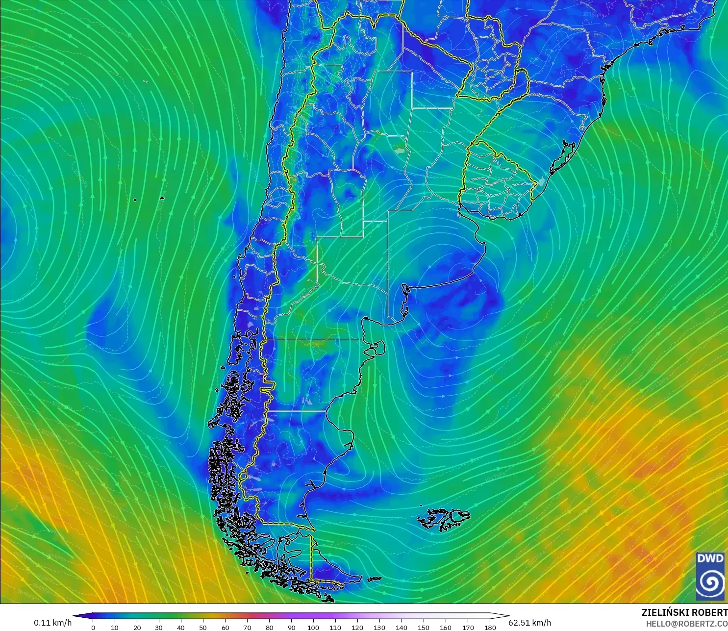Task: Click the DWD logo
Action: coord(710,576)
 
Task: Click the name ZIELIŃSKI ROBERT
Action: coord(684,613)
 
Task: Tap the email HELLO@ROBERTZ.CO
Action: coord(686,624)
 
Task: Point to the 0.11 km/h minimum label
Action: coord(52,623)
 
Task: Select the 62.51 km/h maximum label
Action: coord(530,623)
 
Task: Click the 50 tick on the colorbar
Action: coord(203,627)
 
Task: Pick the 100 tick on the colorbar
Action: coord(313,627)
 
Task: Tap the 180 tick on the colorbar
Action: coord(490,627)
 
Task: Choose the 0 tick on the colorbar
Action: coord(93,627)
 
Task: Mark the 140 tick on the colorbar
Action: coord(402,627)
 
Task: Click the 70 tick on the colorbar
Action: coord(247,627)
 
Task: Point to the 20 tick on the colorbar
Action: coord(137,627)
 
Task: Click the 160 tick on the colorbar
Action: coord(446,627)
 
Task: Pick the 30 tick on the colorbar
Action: coord(159,627)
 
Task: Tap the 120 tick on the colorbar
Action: coord(357,627)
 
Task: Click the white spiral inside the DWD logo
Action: coord(710,582)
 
